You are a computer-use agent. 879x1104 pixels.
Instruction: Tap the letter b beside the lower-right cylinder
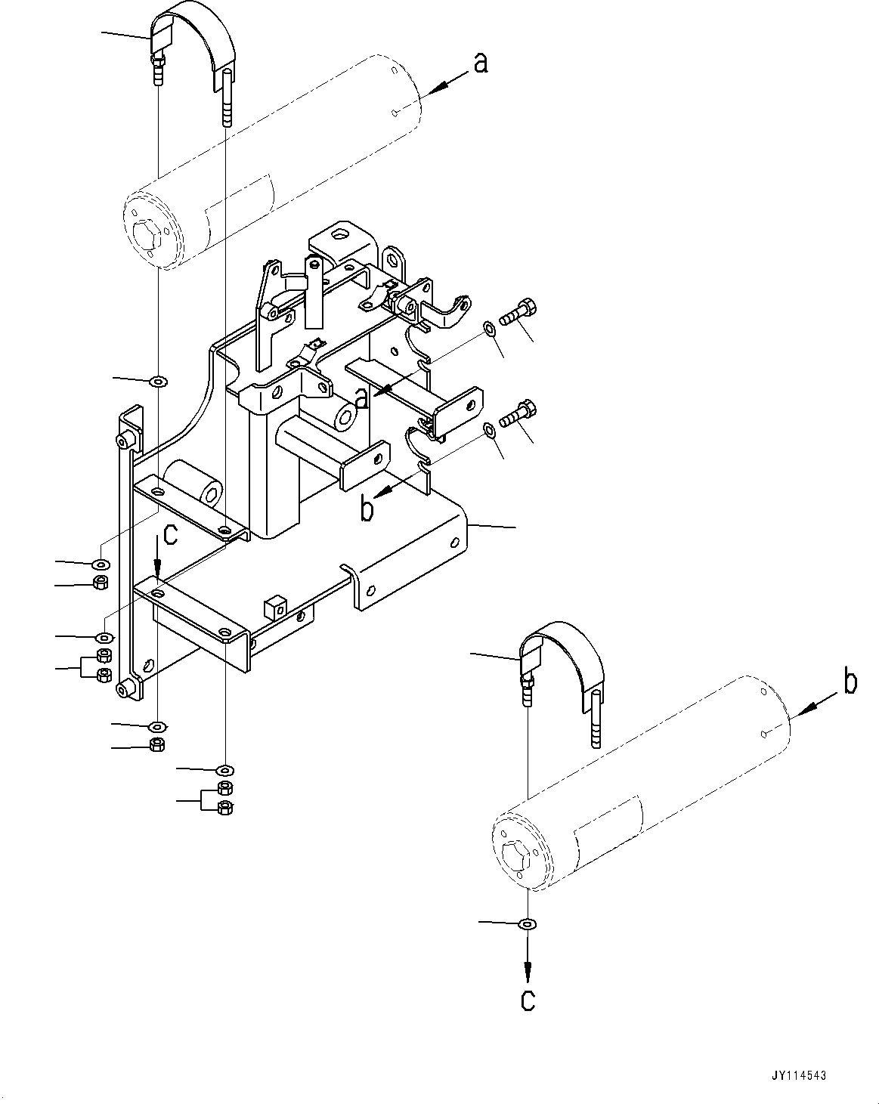tap(850, 682)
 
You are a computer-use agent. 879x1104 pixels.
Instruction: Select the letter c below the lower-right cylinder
tap(528, 999)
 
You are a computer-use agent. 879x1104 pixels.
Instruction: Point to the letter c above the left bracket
tap(171, 536)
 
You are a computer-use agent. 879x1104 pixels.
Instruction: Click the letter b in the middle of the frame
tap(367, 510)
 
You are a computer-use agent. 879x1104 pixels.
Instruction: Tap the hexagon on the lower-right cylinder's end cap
tap(518, 857)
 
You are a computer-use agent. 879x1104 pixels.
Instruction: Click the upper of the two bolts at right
tap(518, 311)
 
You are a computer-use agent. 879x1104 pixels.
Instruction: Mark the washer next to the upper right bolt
tap(489, 327)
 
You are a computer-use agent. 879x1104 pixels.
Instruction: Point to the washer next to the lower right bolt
tap(489, 430)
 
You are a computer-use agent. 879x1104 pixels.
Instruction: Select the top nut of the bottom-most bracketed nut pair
tap(224, 790)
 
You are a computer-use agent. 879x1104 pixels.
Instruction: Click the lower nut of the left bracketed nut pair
tap(104, 674)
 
